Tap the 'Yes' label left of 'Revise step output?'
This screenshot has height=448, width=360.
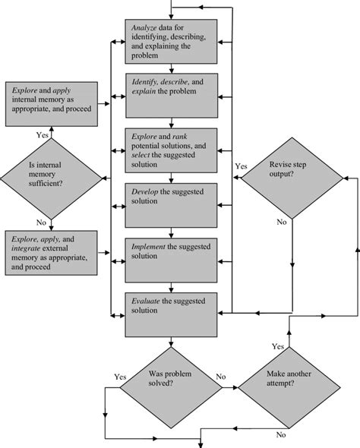(x=242, y=165)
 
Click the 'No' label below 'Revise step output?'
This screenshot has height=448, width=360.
(x=281, y=222)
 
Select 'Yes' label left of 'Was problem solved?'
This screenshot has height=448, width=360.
(x=120, y=376)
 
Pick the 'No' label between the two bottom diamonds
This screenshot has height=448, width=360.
(x=220, y=376)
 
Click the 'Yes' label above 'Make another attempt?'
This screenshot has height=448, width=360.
(x=278, y=345)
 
